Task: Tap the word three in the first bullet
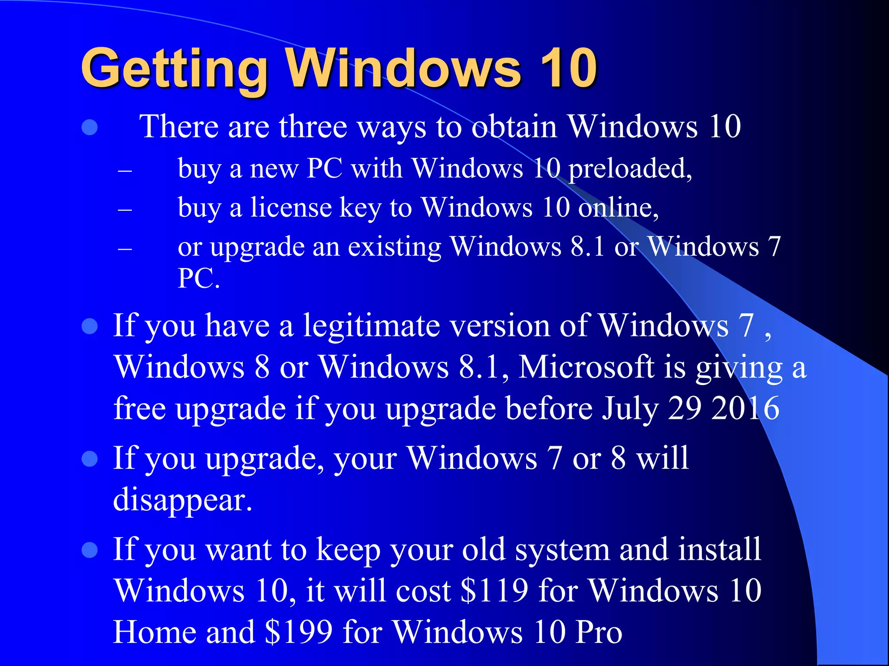point(313,127)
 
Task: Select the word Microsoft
point(586,367)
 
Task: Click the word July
point(629,409)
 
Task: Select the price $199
point(299,632)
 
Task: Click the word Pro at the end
point(599,632)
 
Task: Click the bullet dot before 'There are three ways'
point(89,127)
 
